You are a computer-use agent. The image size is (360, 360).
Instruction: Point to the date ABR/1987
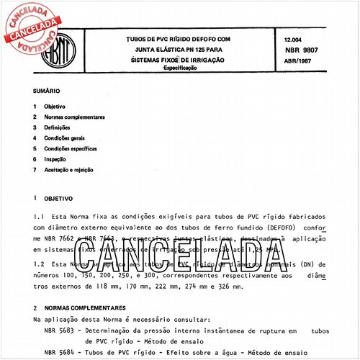tap(298, 60)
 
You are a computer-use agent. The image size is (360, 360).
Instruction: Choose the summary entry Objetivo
tap(55, 106)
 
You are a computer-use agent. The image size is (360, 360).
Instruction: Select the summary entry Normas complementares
tap(74, 117)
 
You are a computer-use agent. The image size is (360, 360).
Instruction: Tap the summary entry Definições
tap(58, 127)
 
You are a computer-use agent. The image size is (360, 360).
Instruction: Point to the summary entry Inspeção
tap(55, 158)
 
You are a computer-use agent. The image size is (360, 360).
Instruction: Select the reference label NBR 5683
tap(58, 328)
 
